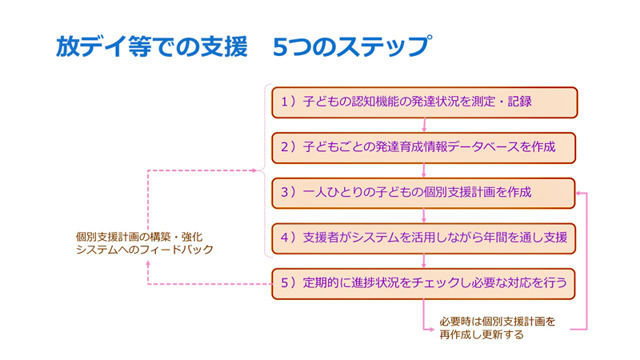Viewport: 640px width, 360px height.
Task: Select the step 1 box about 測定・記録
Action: click(424, 102)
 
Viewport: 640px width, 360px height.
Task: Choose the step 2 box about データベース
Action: click(424, 147)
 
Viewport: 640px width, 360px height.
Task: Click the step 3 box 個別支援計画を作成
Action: click(424, 193)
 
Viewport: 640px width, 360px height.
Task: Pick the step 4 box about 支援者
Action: click(424, 238)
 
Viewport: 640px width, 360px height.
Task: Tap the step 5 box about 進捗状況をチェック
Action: click(424, 283)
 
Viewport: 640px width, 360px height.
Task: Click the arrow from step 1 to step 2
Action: click(424, 125)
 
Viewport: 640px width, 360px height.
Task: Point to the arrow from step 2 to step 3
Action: click(424, 170)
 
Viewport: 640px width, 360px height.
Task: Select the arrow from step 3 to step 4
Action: click(424, 215)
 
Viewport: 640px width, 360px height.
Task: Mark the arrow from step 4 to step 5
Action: click(424, 261)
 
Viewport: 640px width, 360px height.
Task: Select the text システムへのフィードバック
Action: click(144, 250)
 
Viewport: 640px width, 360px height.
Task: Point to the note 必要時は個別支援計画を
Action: click(497, 322)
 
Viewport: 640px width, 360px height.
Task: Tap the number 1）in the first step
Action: click(289, 102)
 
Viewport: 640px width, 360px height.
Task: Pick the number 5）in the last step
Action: click(289, 283)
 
